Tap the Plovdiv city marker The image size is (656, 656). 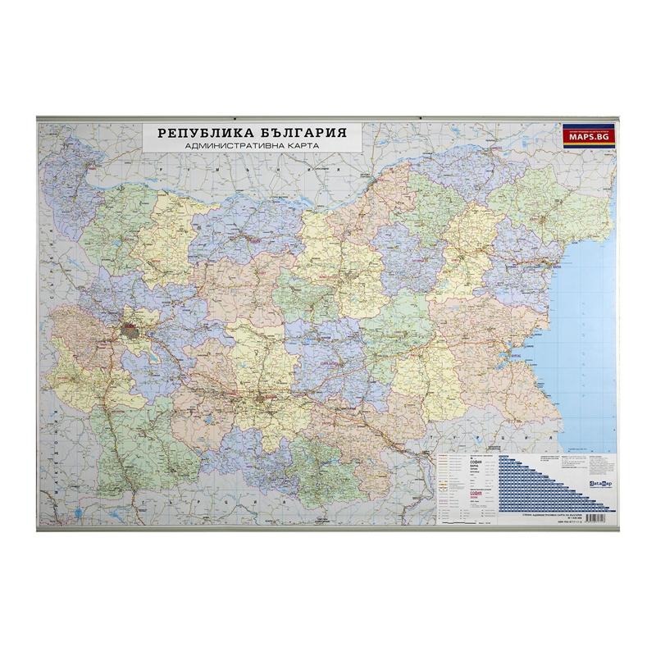pos(264,399)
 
